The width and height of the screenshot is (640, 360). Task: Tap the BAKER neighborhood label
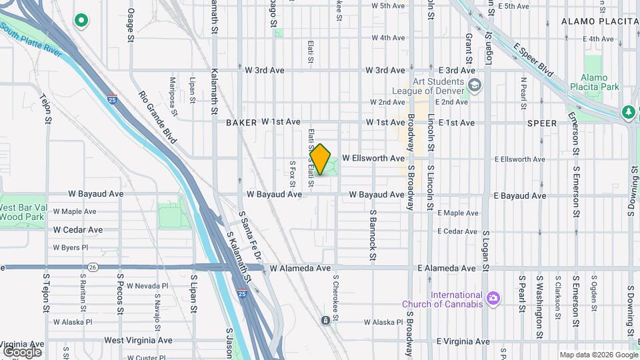coord(241,123)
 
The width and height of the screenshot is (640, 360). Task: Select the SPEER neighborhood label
coord(541,123)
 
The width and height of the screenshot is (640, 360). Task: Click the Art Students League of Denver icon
coord(475,85)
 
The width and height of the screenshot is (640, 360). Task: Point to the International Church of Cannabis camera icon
coord(493,297)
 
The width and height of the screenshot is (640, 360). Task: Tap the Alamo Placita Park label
coord(599,82)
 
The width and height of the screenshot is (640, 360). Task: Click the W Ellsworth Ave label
coord(373,159)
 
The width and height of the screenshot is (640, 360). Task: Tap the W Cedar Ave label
coord(78,230)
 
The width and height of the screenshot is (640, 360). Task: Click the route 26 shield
coord(93,267)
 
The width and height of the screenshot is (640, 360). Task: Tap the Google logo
coord(22,351)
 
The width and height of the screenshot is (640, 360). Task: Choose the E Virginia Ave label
coord(463,341)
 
